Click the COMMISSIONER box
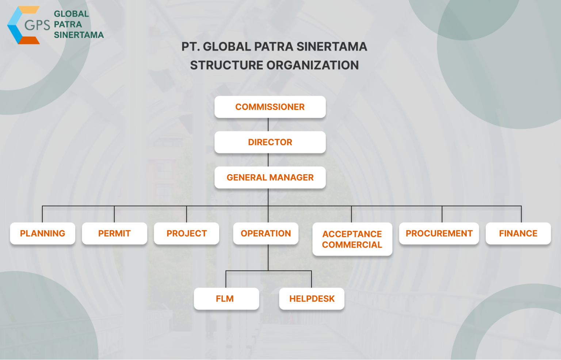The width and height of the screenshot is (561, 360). (x=270, y=107)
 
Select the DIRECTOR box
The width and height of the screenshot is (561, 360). (x=270, y=142)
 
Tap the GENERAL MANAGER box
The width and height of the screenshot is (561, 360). (x=270, y=177)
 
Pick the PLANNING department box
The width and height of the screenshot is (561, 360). (x=42, y=233)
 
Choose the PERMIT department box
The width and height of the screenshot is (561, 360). (x=114, y=233)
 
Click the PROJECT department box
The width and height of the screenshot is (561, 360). (x=187, y=233)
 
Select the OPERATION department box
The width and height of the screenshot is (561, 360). (x=266, y=233)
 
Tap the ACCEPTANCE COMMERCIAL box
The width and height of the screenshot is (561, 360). (x=352, y=239)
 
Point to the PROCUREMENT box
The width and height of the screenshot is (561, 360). (x=439, y=233)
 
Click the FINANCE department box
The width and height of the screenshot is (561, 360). (x=518, y=233)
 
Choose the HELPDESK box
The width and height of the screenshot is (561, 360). (x=312, y=299)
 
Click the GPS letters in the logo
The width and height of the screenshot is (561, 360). (x=37, y=25)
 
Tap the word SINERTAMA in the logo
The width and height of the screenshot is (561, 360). (x=79, y=35)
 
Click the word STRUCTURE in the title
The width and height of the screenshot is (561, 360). (x=226, y=65)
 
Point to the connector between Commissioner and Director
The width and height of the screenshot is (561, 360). (x=268, y=125)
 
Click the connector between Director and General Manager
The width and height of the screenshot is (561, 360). (x=268, y=160)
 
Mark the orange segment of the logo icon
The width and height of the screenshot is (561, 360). (x=28, y=40)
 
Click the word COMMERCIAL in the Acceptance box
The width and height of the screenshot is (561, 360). (x=352, y=245)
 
